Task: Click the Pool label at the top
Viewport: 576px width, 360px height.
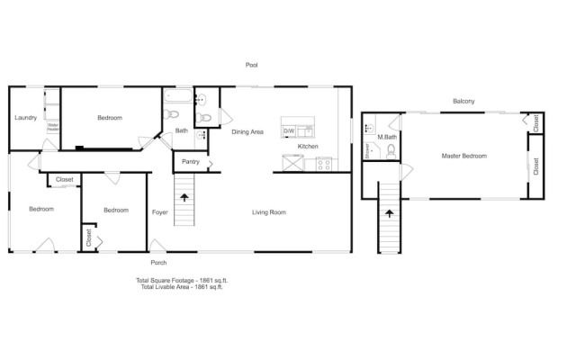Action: pyautogui.click(x=253, y=65)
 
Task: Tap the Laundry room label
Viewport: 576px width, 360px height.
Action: pyautogui.click(x=25, y=118)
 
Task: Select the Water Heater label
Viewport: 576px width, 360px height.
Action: pyautogui.click(x=52, y=127)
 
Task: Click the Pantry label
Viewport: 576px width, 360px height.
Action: pyautogui.click(x=190, y=162)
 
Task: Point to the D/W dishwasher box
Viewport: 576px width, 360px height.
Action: pyautogui.click(x=289, y=131)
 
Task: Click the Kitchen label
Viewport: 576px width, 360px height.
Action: pyautogui.click(x=308, y=146)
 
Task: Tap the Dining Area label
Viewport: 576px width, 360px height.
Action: pyautogui.click(x=247, y=132)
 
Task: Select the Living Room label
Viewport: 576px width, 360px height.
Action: pyautogui.click(x=268, y=212)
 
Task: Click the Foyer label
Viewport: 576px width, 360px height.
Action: pyautogui.click(x=160, y=212)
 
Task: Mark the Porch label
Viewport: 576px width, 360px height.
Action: pyautogui.click(x=158, y=263)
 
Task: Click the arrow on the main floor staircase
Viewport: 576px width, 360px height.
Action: pyautogui.click(x=184, y=196)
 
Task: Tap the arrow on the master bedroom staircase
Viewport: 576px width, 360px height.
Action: pyautogui.click(x=389, y=213)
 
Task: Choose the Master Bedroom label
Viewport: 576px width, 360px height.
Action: pyautogui.click(x=463, y=156)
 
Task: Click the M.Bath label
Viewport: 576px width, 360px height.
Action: pyautogui.click(x=388, y=138)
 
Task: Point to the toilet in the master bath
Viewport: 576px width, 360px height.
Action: pyautogui.click(x=391, y=152)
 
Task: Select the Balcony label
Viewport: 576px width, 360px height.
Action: pyautogui.click(x=463, y=101)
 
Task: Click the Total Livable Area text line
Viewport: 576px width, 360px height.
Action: pyautogui.click(x=179, y=286)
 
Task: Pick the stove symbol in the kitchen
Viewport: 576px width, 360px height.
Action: pyautogui.click(x=324, y=164)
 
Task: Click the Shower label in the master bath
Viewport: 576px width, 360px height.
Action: pyautogui.click(x=368, y=152)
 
